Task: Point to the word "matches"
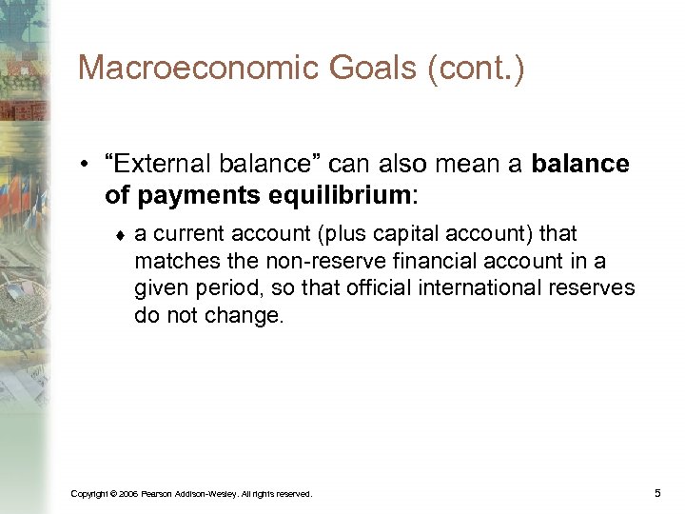click(170, 262)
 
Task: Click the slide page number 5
click(657, 492)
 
